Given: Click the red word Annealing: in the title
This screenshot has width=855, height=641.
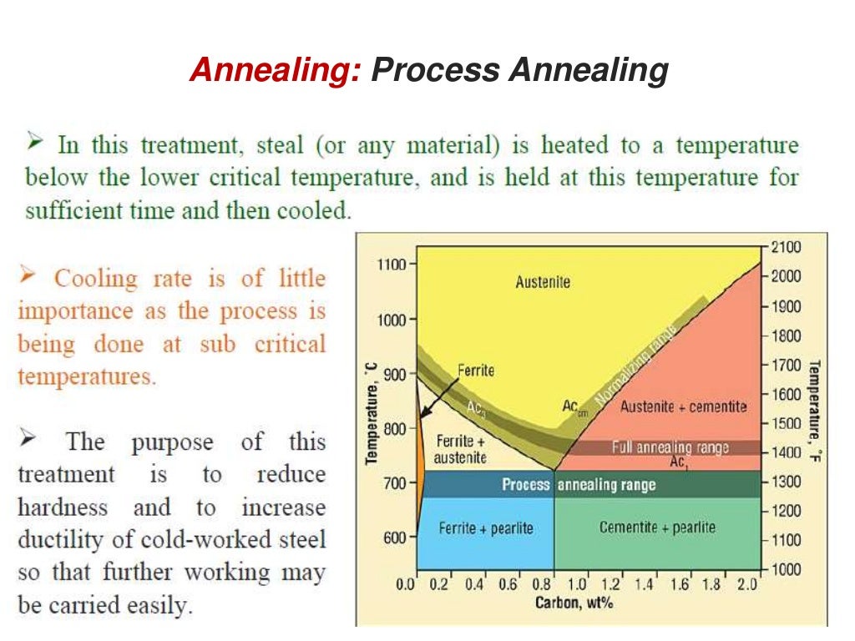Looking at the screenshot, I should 275,70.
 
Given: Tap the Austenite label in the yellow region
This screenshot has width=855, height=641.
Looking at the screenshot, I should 543,282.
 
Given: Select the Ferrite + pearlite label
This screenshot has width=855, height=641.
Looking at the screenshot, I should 485,528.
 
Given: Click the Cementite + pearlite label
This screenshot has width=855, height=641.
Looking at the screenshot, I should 657,528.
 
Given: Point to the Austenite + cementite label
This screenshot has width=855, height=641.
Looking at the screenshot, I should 683,406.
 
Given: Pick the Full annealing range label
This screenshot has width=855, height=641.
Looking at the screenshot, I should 670,447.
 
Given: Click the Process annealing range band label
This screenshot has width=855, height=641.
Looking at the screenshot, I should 578,484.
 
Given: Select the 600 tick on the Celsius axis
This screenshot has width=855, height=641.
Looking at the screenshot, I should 394,538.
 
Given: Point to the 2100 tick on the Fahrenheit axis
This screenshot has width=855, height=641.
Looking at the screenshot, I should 786,246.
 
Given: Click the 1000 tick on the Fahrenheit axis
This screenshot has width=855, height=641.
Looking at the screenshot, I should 786,569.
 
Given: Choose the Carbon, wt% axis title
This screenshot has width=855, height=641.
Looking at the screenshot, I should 574,603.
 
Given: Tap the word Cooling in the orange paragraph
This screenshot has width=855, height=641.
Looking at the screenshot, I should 95,278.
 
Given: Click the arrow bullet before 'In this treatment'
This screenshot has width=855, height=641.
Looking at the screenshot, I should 34,144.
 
